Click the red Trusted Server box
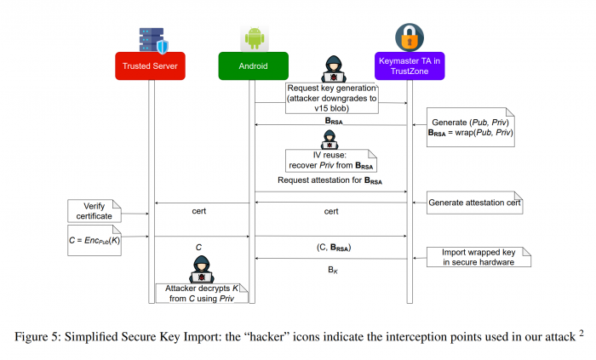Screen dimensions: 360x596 pyautogui.click(x=151, y=66)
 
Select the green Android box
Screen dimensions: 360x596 pyautogui.click(x=253, y=66)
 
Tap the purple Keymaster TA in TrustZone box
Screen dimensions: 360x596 pyautogui.click(x=411, y=66)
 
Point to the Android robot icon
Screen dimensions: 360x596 pyautogui.click(x=253, y=37)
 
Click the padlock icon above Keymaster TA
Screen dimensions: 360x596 pyautogui.click(x=411, y=37)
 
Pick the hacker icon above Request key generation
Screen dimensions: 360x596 pyautogui.click(x=332, y=68)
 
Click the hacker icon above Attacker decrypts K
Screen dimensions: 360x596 pyautogui.click(x=202, y=267)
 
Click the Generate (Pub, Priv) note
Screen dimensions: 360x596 pyautogui.click(x=470, y=129)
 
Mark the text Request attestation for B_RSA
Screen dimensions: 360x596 pyautogui.click(x=330, y=181)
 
